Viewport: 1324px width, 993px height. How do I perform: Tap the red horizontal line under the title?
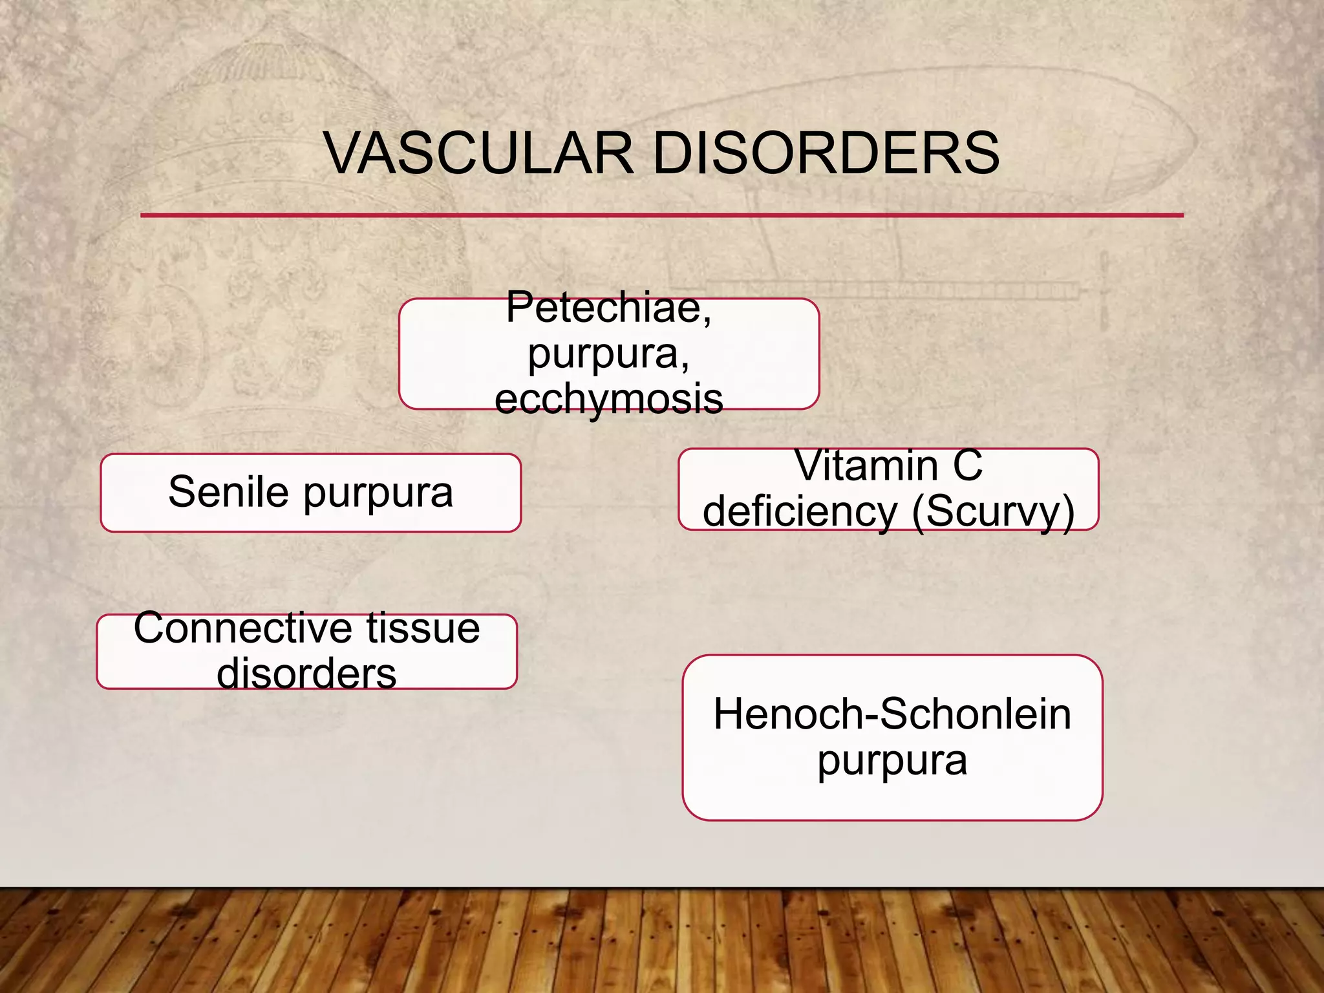661,215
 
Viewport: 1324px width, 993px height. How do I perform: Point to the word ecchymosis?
608,399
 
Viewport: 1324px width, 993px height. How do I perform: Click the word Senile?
228,492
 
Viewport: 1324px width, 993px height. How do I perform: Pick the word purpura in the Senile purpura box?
378,493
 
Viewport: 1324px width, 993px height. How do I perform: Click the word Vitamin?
866,465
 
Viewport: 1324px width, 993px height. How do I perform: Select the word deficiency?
800,511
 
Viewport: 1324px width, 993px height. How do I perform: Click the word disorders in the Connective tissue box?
306,674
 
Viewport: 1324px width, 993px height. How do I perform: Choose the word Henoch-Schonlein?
892,714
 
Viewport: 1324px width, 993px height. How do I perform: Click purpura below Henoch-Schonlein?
892,761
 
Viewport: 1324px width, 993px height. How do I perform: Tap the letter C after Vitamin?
967,465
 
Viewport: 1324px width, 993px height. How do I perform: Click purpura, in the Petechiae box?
608,354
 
